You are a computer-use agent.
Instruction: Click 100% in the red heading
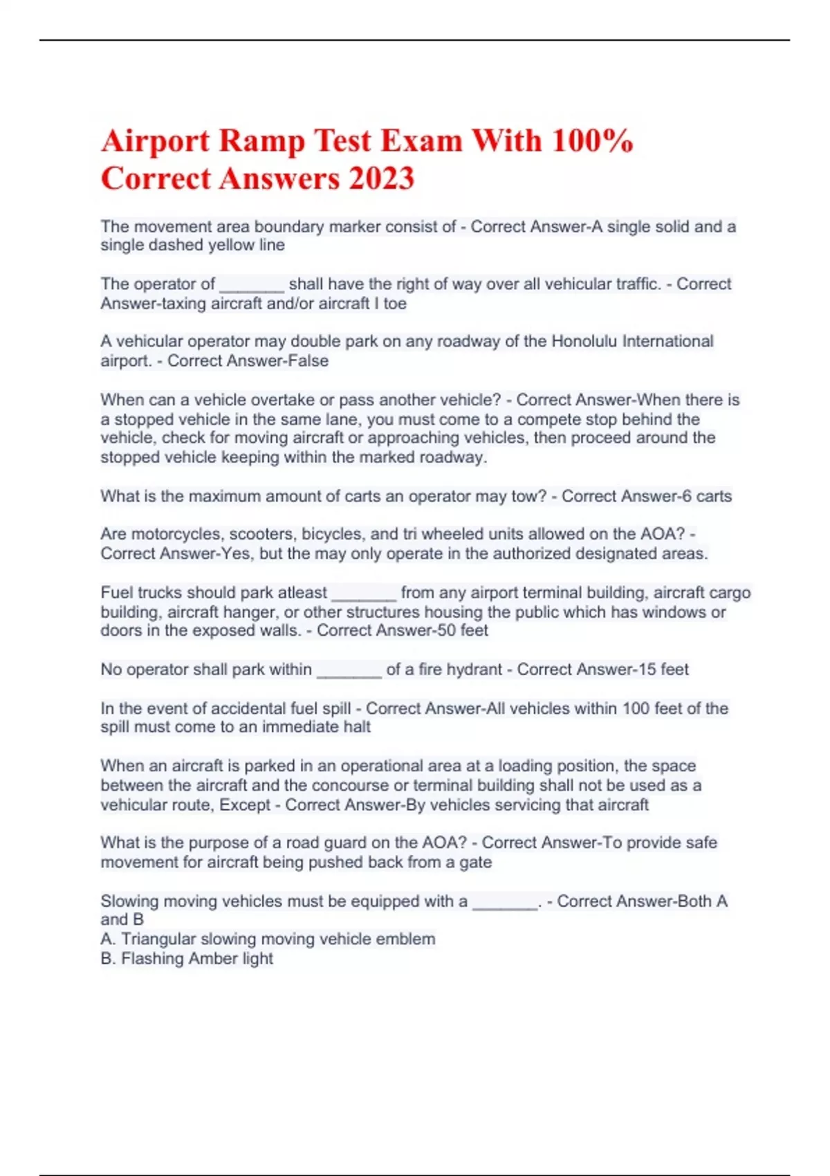[x=592, y=141]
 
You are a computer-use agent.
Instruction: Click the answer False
[x=308, y=360]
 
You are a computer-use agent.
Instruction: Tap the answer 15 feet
[x=663, y=669]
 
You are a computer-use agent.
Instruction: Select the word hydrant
[x=474, y=669]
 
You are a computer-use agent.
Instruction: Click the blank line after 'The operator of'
[x=252, y=285]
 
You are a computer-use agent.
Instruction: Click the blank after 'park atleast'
[x=364, y=594]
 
